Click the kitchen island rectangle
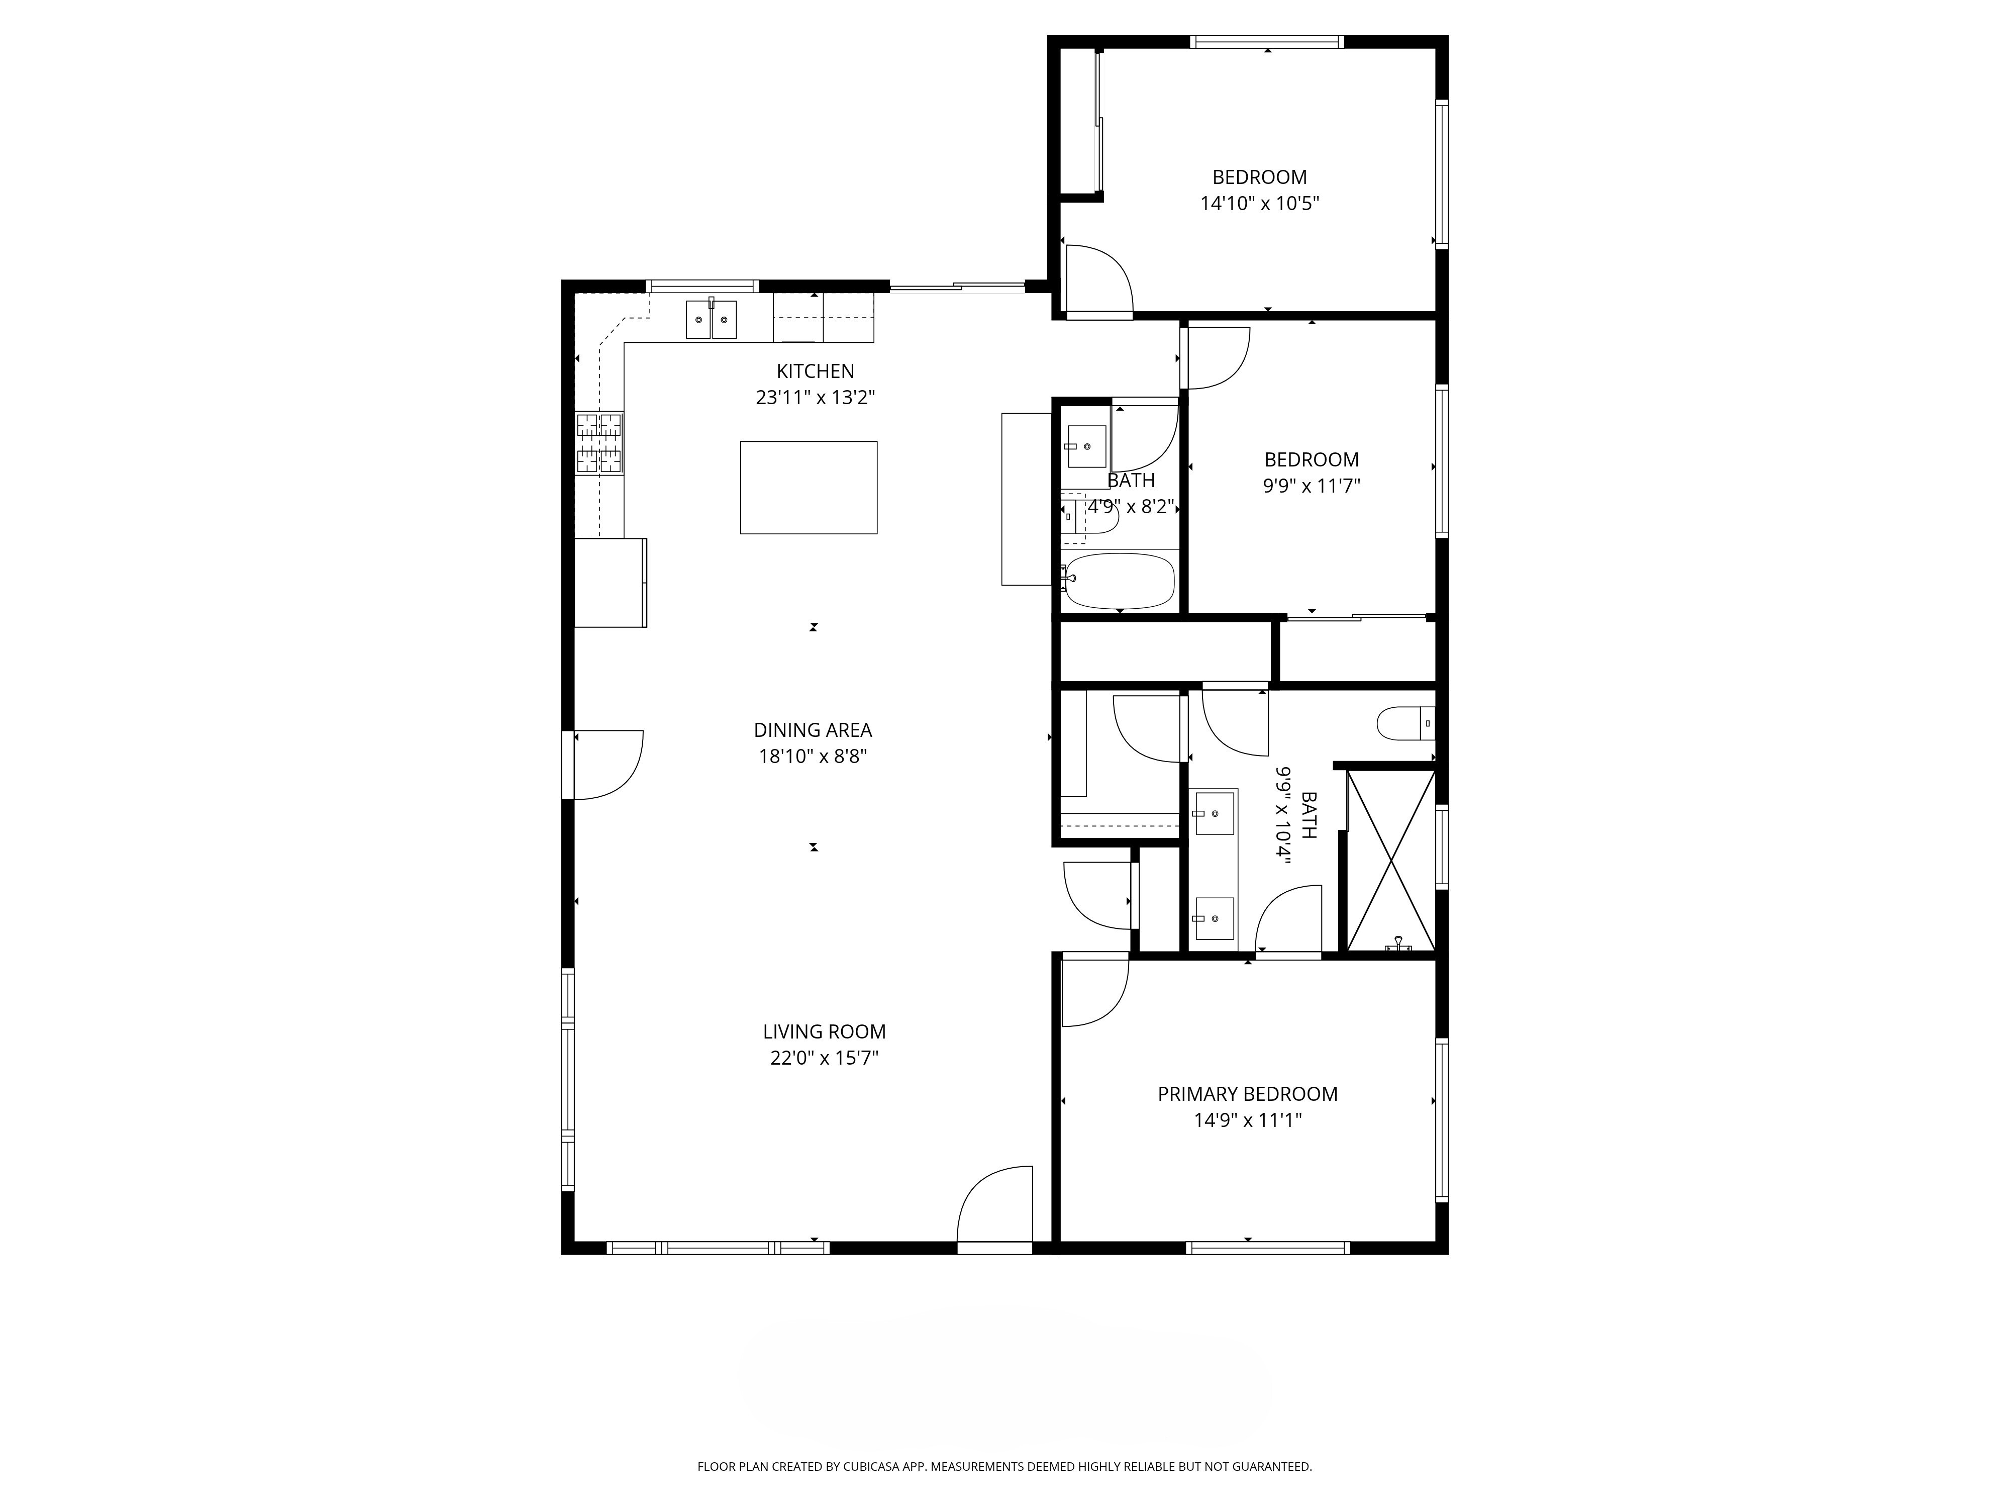(x=808, y=487)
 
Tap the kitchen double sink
(x=711, y=319)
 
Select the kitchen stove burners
(x=599, y=443)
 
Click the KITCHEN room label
(x=815, y=371)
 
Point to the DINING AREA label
(x=813, y=730)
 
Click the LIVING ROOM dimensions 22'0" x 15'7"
(x=824, y=1058)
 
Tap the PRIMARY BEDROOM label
(x=1248, y=1094)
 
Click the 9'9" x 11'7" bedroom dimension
(x=1311, y=486)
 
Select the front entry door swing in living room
(x=995, y=1204)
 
